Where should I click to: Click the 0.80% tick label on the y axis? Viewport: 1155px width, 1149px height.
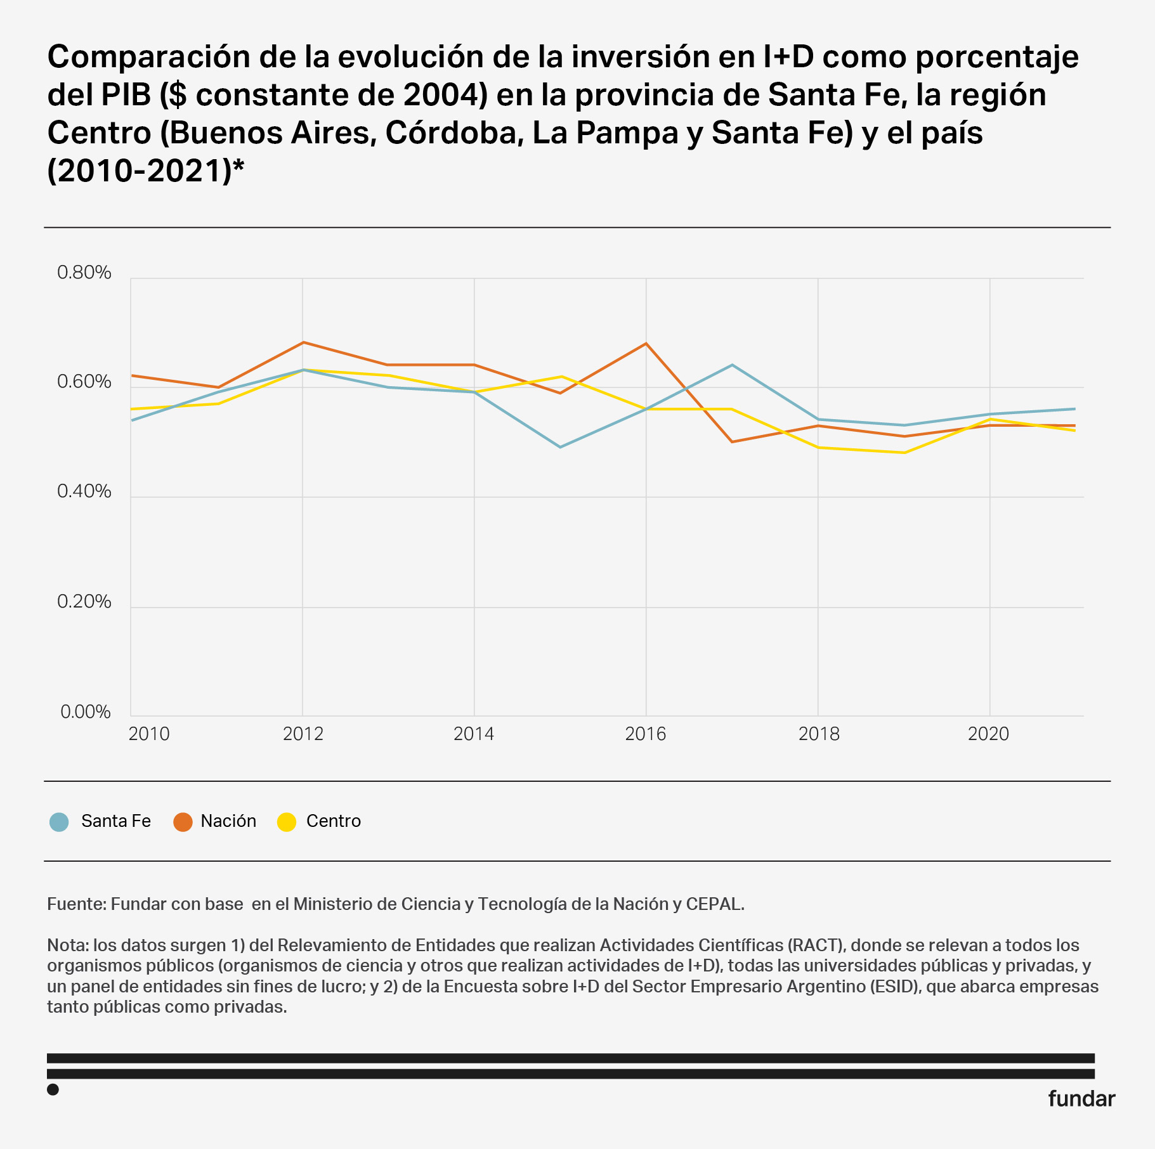[84, 273]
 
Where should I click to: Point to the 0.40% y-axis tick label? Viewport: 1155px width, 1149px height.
[84, 491]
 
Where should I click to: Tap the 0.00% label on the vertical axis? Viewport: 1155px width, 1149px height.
[85, 711]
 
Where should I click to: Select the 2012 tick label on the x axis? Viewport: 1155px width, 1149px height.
[303, 734]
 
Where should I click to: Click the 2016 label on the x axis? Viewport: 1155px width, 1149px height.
[646, 734]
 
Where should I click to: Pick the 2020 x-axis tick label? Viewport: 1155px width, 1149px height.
[988, 734]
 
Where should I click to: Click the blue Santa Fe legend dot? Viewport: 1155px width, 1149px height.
[59, 822]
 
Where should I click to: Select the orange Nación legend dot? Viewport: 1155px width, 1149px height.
[183, 822]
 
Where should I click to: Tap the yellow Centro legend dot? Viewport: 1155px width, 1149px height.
[287, 822]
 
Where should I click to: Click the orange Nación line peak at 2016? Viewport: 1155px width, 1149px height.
[646, 344]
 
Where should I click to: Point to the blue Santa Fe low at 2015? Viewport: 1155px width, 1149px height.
[560, 447]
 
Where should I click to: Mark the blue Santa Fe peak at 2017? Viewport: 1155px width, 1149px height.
[732, 365]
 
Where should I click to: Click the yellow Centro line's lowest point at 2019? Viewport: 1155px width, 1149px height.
[904, 452]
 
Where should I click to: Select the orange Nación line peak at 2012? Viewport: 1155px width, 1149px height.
[303, 342]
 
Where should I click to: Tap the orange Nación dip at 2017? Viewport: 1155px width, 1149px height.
[732, 442]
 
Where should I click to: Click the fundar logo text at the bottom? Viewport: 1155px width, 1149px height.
[1081, 1099]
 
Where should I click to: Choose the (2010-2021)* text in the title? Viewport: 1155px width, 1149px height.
[146, 171]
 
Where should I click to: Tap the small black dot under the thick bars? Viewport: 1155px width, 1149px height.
[53, 1089]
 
